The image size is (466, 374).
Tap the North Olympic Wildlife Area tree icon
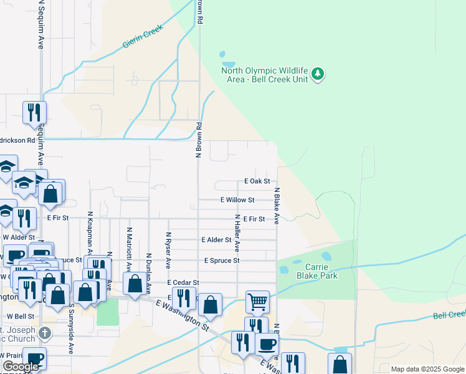pyautogui.click(x=318, y=74)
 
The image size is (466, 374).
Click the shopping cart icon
pyautogui.click(x=257, y=302)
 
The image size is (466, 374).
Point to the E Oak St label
pyautogui.click(x=256, y=181)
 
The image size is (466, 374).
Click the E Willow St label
pyautogui.click(x=237, y=200)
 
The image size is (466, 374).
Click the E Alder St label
pyautogui.click(x=216, y=239)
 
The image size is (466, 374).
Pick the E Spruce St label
pyautogui.click(x=221, y=261)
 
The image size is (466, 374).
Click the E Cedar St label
pyautogui.click(x=183, y=282)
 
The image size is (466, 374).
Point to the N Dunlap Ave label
pyautogui.click(x=149, y=272)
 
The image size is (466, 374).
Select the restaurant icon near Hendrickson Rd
pyautogui.click(x=34, y=112)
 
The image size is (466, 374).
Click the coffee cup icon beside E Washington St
pyautogui.click(x=267, y=343)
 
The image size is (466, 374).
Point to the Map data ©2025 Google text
pyautogui.click(x=427, y=369)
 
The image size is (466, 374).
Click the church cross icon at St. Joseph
pyautogui.click(x=42, y=332)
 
